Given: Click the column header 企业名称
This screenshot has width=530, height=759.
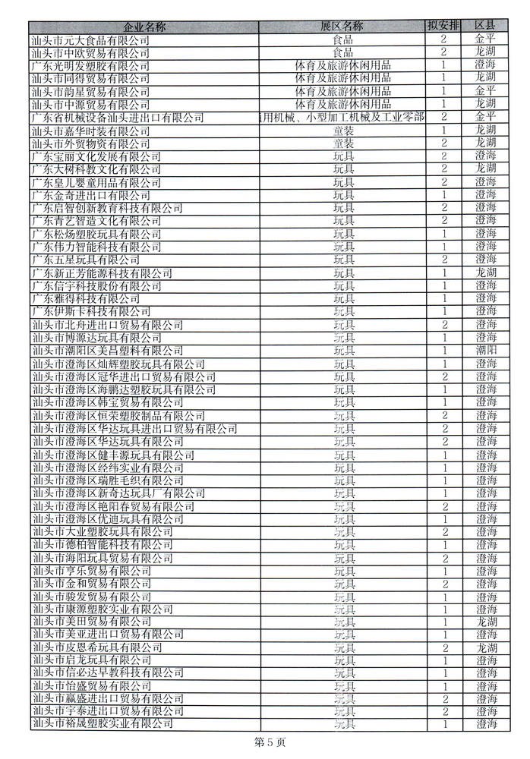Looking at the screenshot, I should (144, 27).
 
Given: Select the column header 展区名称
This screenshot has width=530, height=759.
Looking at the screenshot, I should (342, 27).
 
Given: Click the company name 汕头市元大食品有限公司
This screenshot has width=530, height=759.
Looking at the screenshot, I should (90, 39).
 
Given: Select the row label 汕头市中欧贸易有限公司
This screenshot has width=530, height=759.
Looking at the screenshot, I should (90, 52).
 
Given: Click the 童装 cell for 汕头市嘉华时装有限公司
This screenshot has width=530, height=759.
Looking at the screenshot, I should (343, 130).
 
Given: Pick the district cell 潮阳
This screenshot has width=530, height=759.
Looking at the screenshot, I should (486, 350).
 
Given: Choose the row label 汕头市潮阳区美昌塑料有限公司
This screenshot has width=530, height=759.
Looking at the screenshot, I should (107, 350).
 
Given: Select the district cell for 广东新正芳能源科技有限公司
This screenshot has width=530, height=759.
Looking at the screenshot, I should (486, 272).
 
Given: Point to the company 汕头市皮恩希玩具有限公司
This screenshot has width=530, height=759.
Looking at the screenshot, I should (96, 647).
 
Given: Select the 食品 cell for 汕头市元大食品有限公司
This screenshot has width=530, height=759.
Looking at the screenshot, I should (343, 39).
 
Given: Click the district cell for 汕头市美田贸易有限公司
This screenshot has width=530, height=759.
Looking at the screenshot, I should (486, 622).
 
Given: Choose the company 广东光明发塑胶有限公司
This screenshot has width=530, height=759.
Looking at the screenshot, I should (90, 65).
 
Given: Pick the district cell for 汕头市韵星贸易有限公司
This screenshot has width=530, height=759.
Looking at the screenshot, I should (486, 91).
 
